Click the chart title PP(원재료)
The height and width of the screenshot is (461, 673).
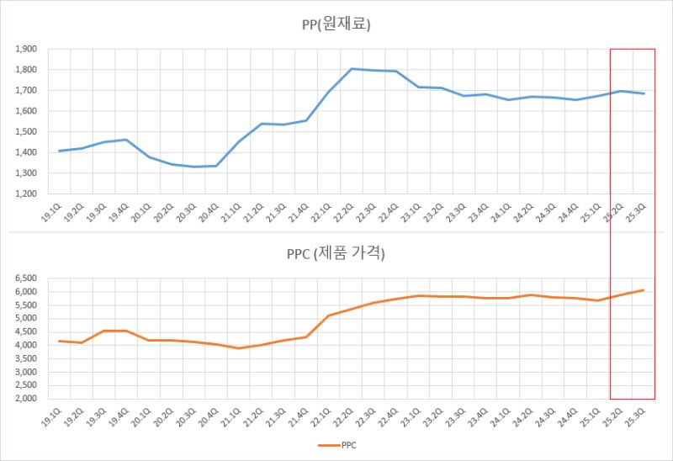point(336,24)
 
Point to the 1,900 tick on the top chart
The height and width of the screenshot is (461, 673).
point(25,49)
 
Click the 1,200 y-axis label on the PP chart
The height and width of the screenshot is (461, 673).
point(25,194)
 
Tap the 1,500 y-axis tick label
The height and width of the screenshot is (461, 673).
point(25,132)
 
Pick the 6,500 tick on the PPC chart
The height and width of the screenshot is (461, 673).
point(25,278)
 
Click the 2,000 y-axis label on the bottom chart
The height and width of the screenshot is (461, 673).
point(25,399)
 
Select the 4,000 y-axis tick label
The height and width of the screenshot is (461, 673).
point(25,345)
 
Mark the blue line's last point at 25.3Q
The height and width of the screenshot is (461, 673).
point(644,93)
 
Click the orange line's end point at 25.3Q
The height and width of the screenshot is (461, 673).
point(644,290)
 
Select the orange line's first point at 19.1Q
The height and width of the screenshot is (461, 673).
point(60,341)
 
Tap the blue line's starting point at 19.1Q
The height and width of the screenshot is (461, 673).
point(60,151)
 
